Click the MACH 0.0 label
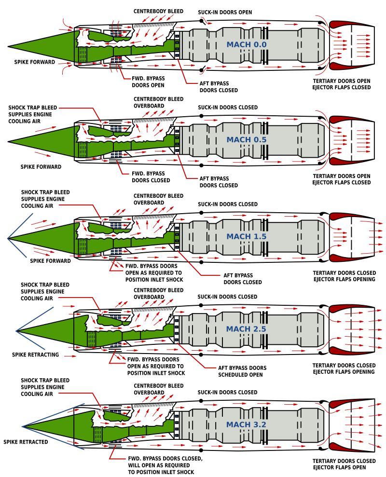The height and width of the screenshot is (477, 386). [246, 45]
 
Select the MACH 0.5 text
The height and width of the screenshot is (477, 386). [246, 140]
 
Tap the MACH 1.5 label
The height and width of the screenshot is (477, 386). [246, 237]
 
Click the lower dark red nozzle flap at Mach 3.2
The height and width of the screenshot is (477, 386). [345, 448]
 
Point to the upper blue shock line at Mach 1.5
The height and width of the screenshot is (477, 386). [20, 225]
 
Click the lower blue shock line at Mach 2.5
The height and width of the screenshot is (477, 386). [30, 341]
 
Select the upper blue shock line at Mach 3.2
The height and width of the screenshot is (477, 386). [53, 415]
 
